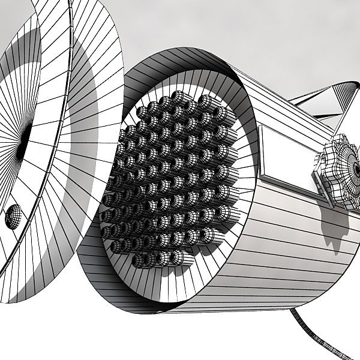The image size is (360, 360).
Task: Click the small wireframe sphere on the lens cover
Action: pos(13,217)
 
